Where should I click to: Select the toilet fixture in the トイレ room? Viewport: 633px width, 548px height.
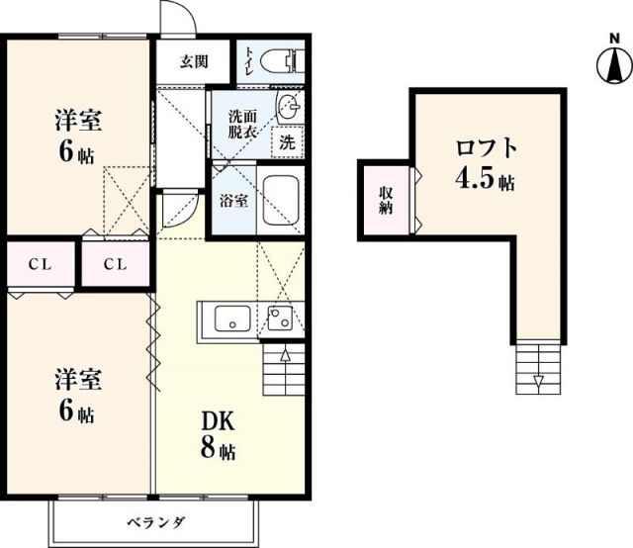pyautogui.click(x=286, y=60)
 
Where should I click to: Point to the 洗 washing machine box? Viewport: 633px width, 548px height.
pyautogui.click(x=287, y=141)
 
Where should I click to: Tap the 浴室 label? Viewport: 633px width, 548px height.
pyautogui.click(x=233, y=198)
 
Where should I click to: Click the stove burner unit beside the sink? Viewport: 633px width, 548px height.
pyautogui.click(x=280, y=319)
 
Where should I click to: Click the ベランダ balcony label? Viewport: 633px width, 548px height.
pyautogui.click(x=156, y=521)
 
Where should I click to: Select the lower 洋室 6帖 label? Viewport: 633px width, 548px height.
pyautogui.click(x=78, y=395)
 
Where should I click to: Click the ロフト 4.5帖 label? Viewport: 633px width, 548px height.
pyautogui.click(x=486, y=164)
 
